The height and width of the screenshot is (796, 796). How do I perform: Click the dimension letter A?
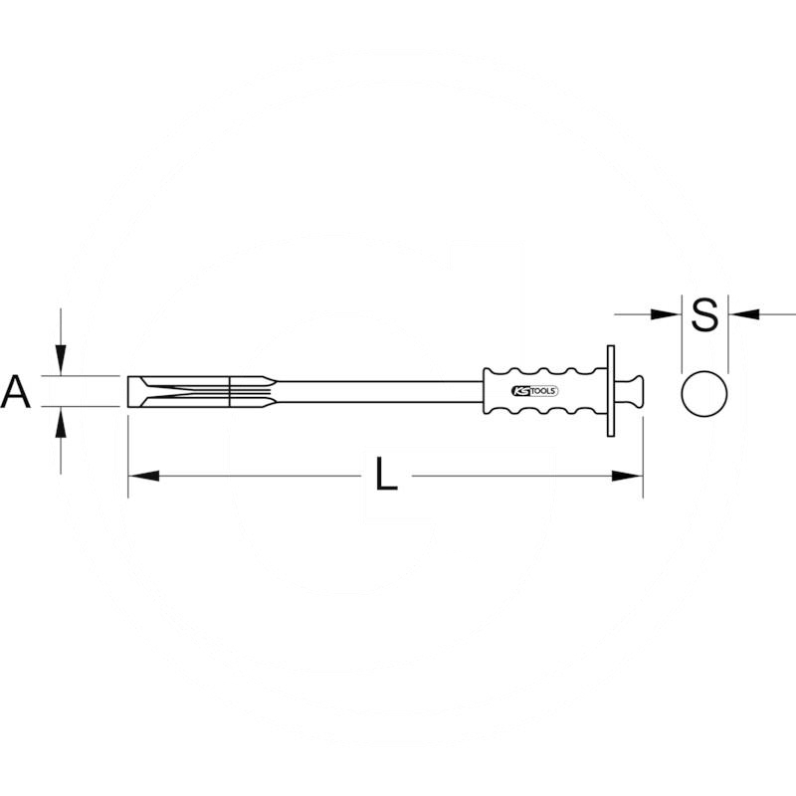click(17, 391)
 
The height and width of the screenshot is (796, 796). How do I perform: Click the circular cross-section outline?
click(704, 392)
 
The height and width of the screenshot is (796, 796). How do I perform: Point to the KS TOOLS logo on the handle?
click(535, 392)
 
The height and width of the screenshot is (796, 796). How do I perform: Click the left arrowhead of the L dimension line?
click(140, 477)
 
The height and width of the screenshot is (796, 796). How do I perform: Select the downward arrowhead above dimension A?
click(62, 361)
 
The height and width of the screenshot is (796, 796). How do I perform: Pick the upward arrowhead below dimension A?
click(62, 423)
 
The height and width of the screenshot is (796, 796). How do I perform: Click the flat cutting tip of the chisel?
click(130, 392)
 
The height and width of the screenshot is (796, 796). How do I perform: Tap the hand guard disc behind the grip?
click(609, 392)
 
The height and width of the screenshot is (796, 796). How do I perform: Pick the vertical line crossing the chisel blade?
click(230, 392)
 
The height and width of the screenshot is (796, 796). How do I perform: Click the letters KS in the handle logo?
click(520, 392)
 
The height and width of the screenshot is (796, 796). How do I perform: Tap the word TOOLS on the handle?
click(544, 392)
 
